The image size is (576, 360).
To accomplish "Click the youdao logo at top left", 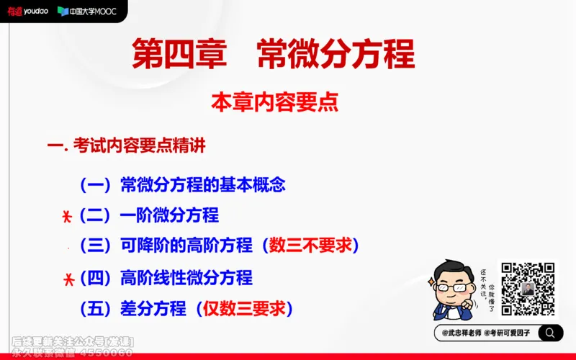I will coord(27,11).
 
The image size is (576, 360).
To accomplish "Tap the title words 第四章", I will coord(179,54).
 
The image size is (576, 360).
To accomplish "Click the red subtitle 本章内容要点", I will coord(274,102).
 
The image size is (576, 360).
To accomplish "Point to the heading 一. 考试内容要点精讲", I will coord(126,145).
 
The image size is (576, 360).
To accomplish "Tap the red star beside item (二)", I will coord(66,215).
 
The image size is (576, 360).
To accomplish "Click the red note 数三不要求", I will coord(310,245).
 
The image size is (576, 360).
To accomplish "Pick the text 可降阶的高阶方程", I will coord(183,245).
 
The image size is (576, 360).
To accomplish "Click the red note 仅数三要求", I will coord(245,309).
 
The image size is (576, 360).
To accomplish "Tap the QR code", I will coord(528,289).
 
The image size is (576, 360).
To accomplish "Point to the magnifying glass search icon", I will coord(549,333).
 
